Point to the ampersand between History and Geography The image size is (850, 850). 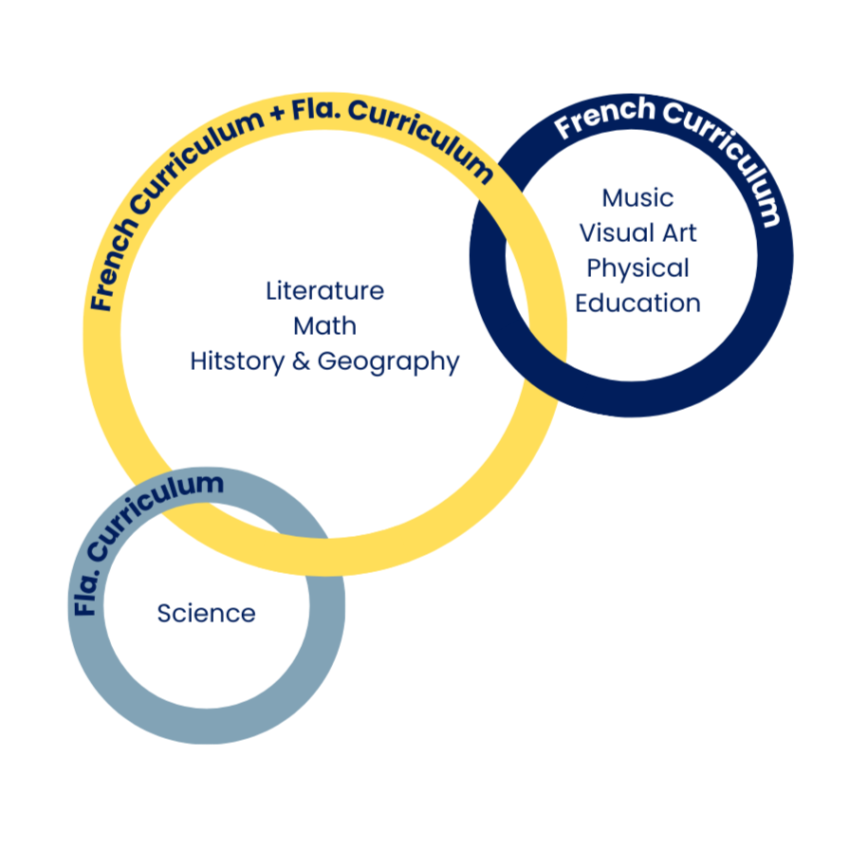coord(287,361)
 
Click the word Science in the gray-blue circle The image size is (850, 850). coord(208,615)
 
